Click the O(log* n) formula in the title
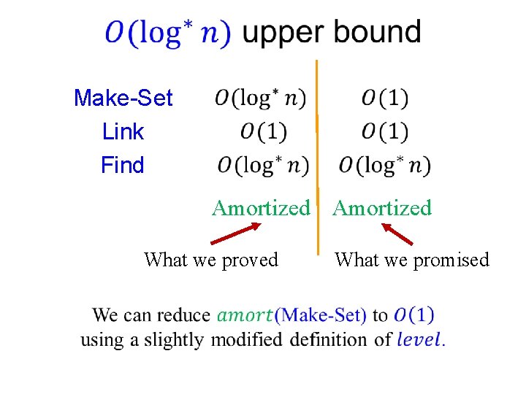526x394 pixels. pos(168,33)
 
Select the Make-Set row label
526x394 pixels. pos(123,98)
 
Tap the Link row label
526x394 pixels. pos(123,132)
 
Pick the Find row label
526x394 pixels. pos(123,166)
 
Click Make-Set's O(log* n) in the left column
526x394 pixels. pos(261,98)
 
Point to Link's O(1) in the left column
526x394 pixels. pos(263,132)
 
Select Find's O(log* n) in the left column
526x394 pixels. pos(263,166)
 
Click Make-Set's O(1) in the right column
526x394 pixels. pos(384,98)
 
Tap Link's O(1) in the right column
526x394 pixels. pos(384,132)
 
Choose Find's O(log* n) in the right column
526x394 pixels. pos(384,166)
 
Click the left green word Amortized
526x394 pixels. pos(261,208)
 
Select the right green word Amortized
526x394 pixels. pos(382,208)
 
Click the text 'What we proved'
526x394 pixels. pos(211,260)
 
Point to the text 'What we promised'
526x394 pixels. pos(411,260)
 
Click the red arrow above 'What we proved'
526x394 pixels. pos(235,233)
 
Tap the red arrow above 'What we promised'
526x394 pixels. pos(397,233)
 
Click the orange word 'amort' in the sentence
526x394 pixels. pos(245,315)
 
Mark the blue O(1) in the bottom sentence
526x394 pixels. pos(413,315)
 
